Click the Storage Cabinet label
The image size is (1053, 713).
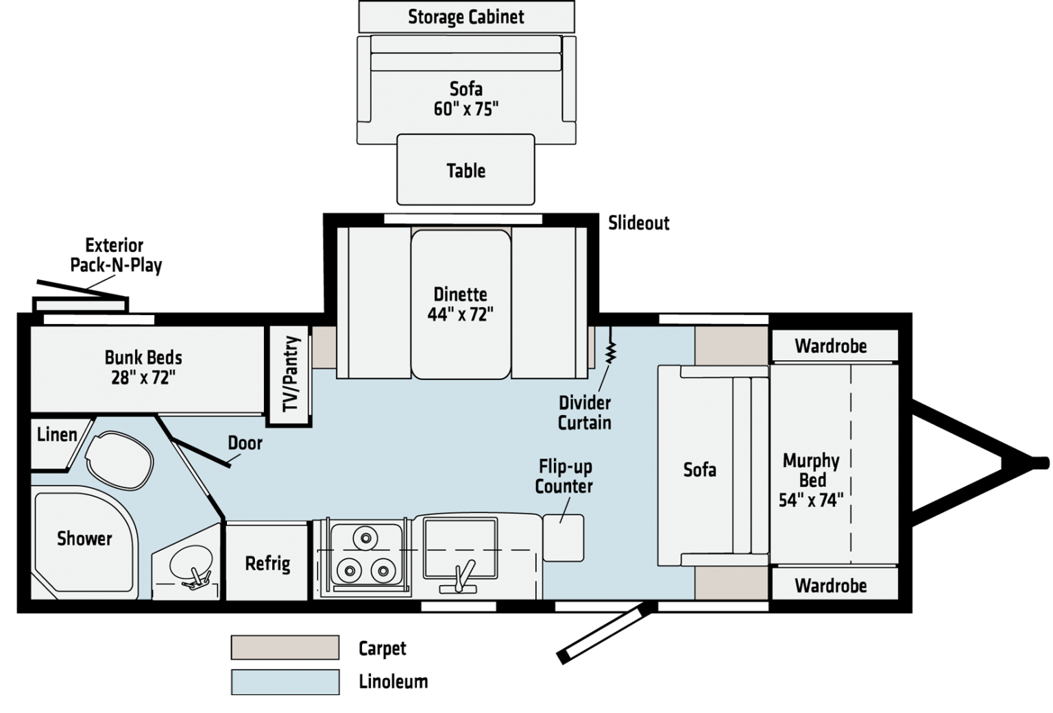point(466,17)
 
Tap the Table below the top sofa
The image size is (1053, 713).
point(465,170)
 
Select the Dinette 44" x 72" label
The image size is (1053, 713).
point(460,303)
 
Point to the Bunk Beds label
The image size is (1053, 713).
point(143,367)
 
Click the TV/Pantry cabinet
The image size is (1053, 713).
point(291,373)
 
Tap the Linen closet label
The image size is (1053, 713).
point(57,435)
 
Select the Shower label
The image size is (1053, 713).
point(84,539)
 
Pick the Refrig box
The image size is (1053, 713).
point(267,563)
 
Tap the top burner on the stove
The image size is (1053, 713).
point(367,538)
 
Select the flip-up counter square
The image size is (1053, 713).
point(564,538)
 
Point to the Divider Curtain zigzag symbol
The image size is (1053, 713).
point(610,353)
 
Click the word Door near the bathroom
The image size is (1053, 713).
point(245,443)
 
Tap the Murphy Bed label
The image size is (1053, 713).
point(811,479)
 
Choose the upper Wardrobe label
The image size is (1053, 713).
point(830,347)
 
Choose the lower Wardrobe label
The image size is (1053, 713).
point(830,586)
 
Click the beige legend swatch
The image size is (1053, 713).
point(285,647)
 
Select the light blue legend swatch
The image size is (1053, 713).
point(285,682)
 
